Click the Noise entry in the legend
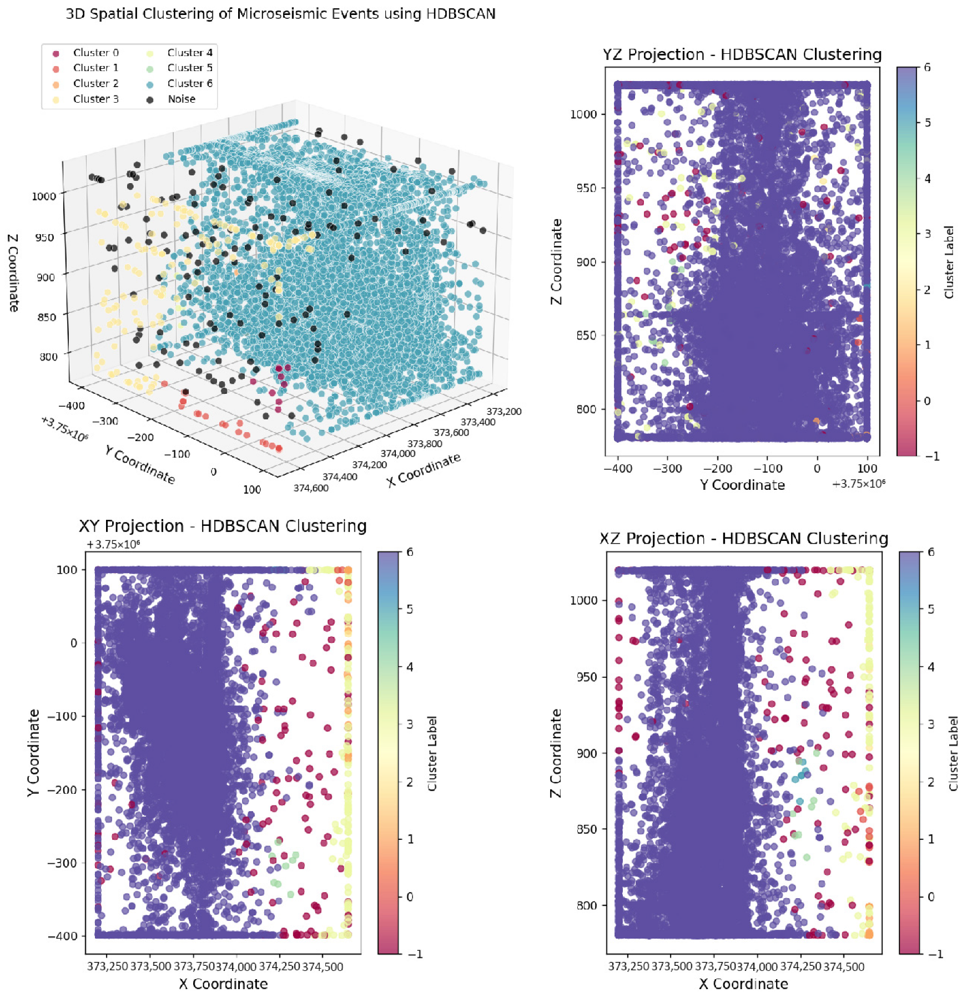coord(181,99)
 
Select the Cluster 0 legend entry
coord(95,53)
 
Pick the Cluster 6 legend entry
coord(189,84)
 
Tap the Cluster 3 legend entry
coord(95,99)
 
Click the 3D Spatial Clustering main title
coord(280,14)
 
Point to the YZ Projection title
coord(742,54)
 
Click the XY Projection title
coord(223,526)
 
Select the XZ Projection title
coord(743,539)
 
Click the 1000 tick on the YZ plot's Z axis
coord(583,114)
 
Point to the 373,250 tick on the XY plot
coord(107,966)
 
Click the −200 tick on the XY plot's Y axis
coord(62,790)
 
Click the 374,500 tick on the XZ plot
coord(844,966)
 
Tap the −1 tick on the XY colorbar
coord(415,954)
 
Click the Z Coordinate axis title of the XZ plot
coord(556,753)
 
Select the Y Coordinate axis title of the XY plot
coord(34,753)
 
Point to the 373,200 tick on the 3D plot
coord(504,412)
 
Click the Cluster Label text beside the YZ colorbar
coord(949,262)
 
